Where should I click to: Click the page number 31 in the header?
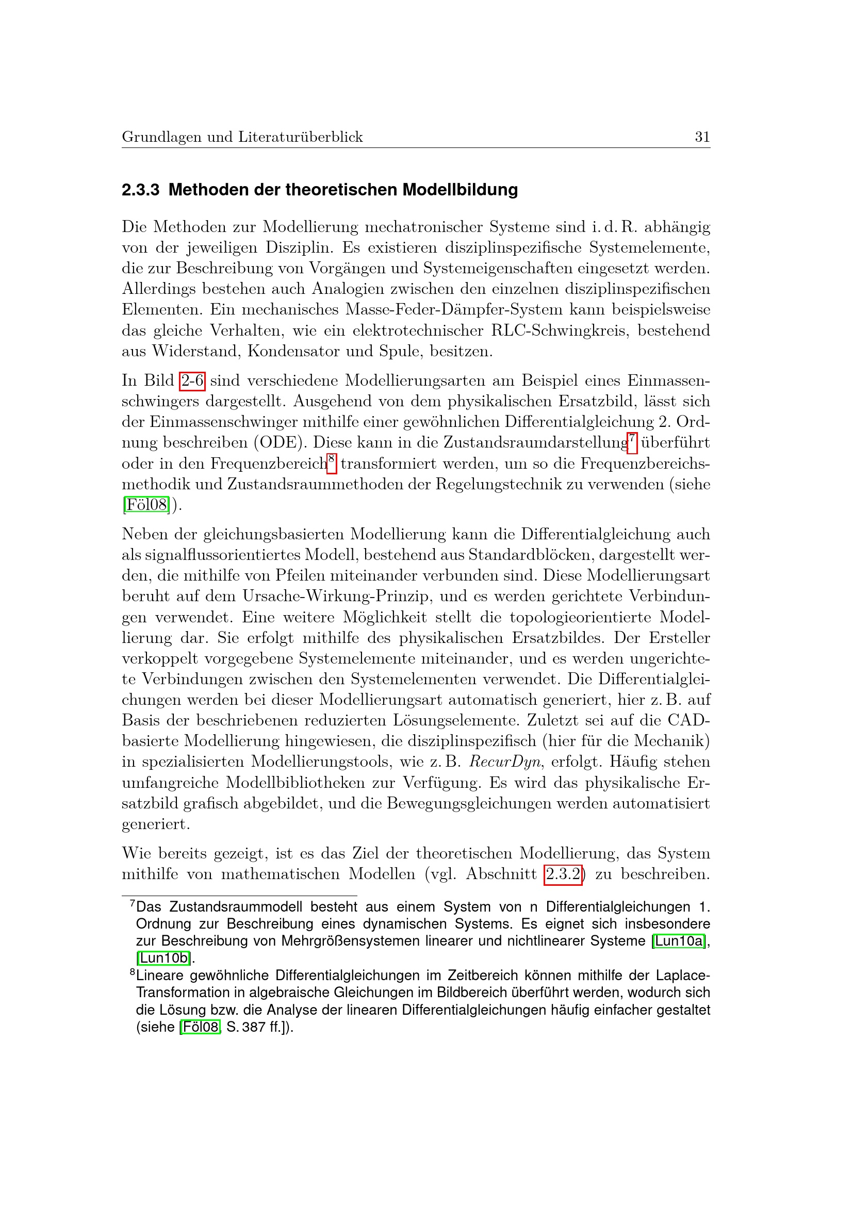click(x=702, y=137)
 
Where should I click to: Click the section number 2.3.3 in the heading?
click(x=140, y=190)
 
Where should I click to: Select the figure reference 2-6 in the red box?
click(x=192, y=381)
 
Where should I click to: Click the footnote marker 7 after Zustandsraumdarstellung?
click(x=632, y=441)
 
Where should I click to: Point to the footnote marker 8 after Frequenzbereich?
click(x=332, y=461)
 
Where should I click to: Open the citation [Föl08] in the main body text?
click(x=146, y=505)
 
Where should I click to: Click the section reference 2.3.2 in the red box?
click(x=563, y=874)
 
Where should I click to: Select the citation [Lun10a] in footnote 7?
click(x=679, y=941)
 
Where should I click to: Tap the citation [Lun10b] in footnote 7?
click(x=164, y=958)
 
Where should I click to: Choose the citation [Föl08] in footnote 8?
click(x=200, y=1027)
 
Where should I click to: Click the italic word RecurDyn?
click(x=505, y=762)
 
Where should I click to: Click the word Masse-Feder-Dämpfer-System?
click(x=454, y=309)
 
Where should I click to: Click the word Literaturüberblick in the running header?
click(x=301, y=137)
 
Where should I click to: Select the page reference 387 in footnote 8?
click(x=254, y=1027)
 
